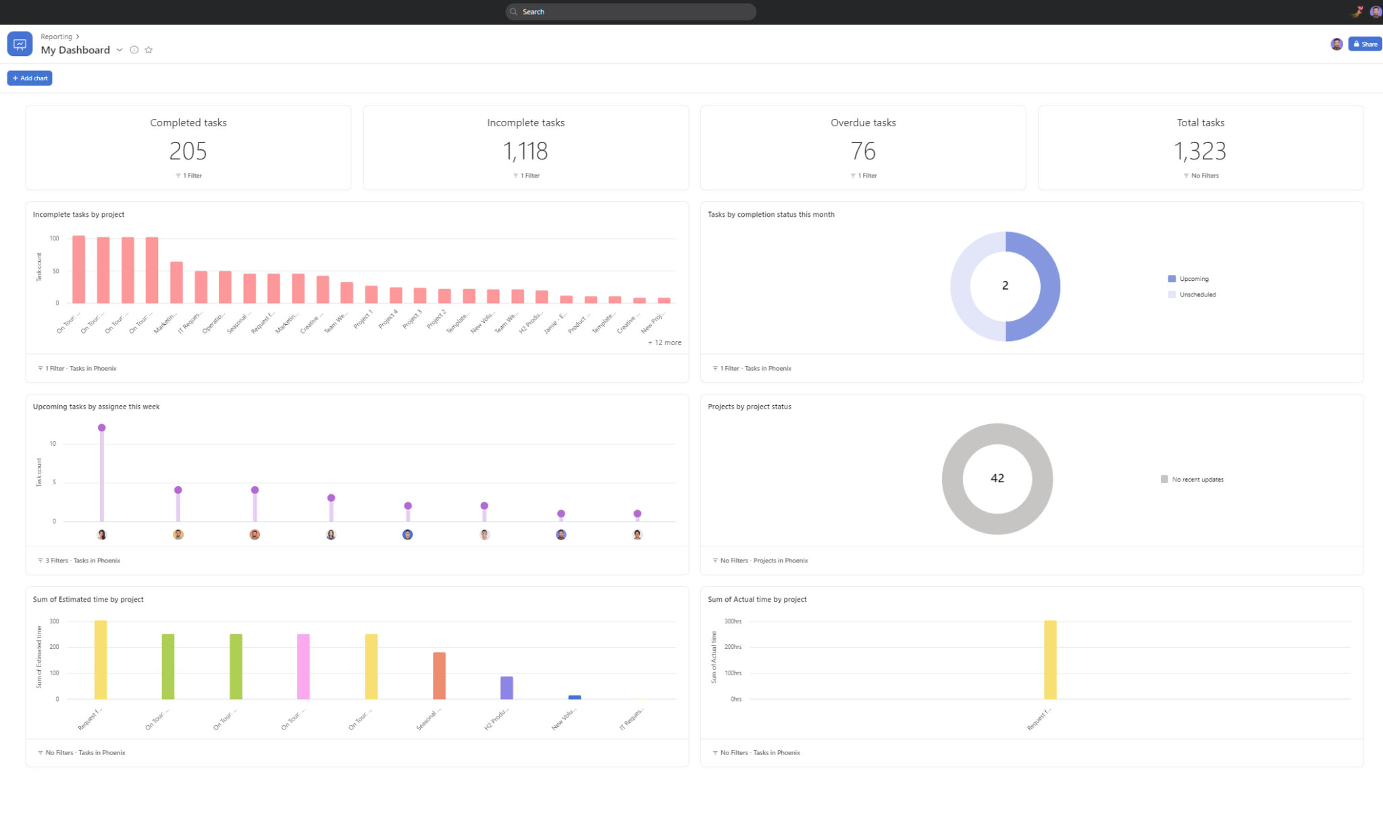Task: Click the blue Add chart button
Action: click(30, 78)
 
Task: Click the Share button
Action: click(1365, 44)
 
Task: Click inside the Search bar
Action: click(631, 11)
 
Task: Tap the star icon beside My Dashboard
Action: click(149, 50)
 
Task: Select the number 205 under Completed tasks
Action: click(188, 151)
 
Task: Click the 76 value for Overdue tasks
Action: click(863, 151)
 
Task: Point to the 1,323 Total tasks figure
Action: click(1200, 151)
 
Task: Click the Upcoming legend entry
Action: click(1193, 279)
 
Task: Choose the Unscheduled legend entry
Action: click(1197, 294)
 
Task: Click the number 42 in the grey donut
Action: click(997, 478)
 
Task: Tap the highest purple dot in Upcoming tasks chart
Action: click(102, 427)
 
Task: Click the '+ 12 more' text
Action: click(664, 342)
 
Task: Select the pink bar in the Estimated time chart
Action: click(303, 666)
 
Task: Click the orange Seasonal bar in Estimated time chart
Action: click(439, 675)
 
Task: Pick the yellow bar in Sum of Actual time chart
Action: click(1050, 659)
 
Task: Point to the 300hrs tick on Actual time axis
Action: click(733, 621)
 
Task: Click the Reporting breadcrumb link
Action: click(56, 36)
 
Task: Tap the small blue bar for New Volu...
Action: click(575, 697)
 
